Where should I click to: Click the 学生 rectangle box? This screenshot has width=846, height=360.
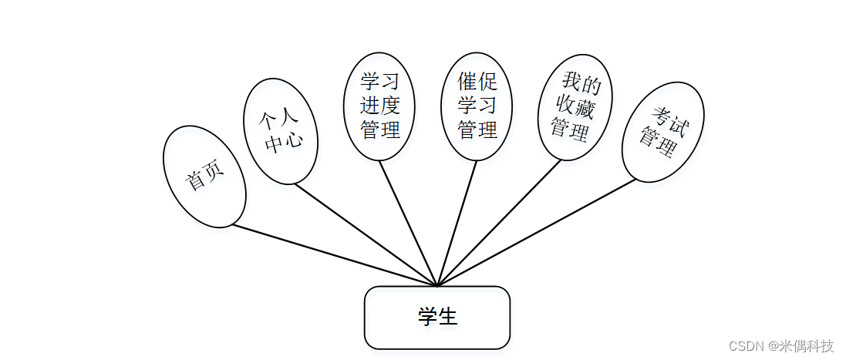[436, 318]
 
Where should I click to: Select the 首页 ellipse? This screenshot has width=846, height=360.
[204, 177]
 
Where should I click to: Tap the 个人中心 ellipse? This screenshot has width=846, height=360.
[280, 132]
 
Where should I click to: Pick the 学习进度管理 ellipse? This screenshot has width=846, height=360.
[379, 106]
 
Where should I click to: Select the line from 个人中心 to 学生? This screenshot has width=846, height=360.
[366, 235]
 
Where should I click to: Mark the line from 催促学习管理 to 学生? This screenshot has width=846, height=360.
[457, 224]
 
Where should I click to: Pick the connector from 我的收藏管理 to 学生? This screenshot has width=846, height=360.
[499, 224]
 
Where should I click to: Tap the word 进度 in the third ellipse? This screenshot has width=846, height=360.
[380, 106]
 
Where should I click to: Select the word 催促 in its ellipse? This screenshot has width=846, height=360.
[477, 82]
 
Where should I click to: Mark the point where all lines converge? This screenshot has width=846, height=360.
[437, 286]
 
